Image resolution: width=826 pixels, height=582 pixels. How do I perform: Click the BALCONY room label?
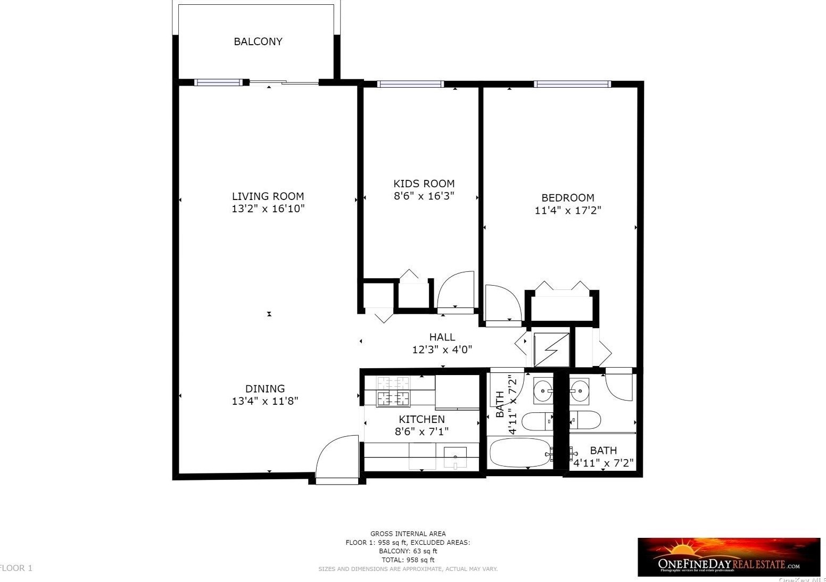click(258, 41)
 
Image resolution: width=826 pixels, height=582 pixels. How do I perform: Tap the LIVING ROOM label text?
click(268, 196)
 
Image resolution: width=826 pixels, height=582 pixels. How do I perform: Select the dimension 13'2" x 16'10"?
click(268, 209)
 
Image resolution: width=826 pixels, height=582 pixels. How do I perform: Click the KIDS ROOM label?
click(424, 184)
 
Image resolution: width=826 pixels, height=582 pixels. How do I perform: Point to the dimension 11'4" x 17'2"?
click(567, 211)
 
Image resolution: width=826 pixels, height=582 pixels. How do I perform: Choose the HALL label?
click(442, 337)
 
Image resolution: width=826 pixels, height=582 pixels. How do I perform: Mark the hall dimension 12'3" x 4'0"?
click(442, 350)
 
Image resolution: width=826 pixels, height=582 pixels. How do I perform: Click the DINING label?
click(265, 389)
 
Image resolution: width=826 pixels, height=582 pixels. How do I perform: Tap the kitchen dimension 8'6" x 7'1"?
click(422, 431)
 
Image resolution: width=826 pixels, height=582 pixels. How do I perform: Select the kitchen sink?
click(455, 456)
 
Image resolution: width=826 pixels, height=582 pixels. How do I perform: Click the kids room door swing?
click(456, 290)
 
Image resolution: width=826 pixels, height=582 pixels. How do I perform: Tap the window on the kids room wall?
click(410, 84)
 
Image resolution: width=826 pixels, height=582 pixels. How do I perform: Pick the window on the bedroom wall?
click(572, 84)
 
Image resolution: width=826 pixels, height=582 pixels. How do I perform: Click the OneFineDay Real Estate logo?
click(729, 557)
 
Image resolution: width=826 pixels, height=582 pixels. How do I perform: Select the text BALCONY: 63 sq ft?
click(408, 551)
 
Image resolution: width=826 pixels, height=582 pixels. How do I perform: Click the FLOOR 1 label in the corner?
click(16, 568)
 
